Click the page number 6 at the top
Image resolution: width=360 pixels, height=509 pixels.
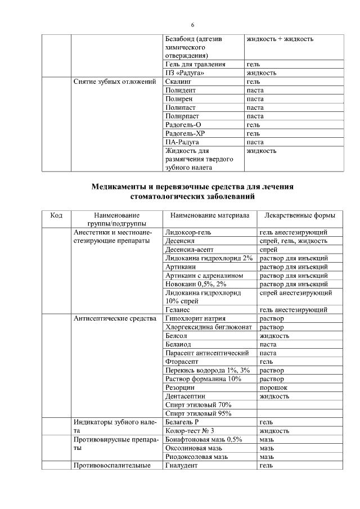[193, 25]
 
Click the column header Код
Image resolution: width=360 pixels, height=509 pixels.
[56, 215]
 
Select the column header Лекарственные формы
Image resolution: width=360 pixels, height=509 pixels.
[296, 215]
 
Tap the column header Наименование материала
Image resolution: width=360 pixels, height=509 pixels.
[209, 215]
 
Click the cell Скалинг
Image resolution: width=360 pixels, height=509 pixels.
[180, 82]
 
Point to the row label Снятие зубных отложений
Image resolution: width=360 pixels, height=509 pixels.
[115, 82]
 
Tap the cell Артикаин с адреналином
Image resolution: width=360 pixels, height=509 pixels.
[204, 276]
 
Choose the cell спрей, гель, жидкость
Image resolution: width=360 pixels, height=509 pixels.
[293, 241]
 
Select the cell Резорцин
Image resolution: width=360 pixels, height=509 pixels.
[181, 388]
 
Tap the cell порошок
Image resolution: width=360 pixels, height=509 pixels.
[273, 388]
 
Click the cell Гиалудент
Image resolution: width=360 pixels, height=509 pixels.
[182, 466]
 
